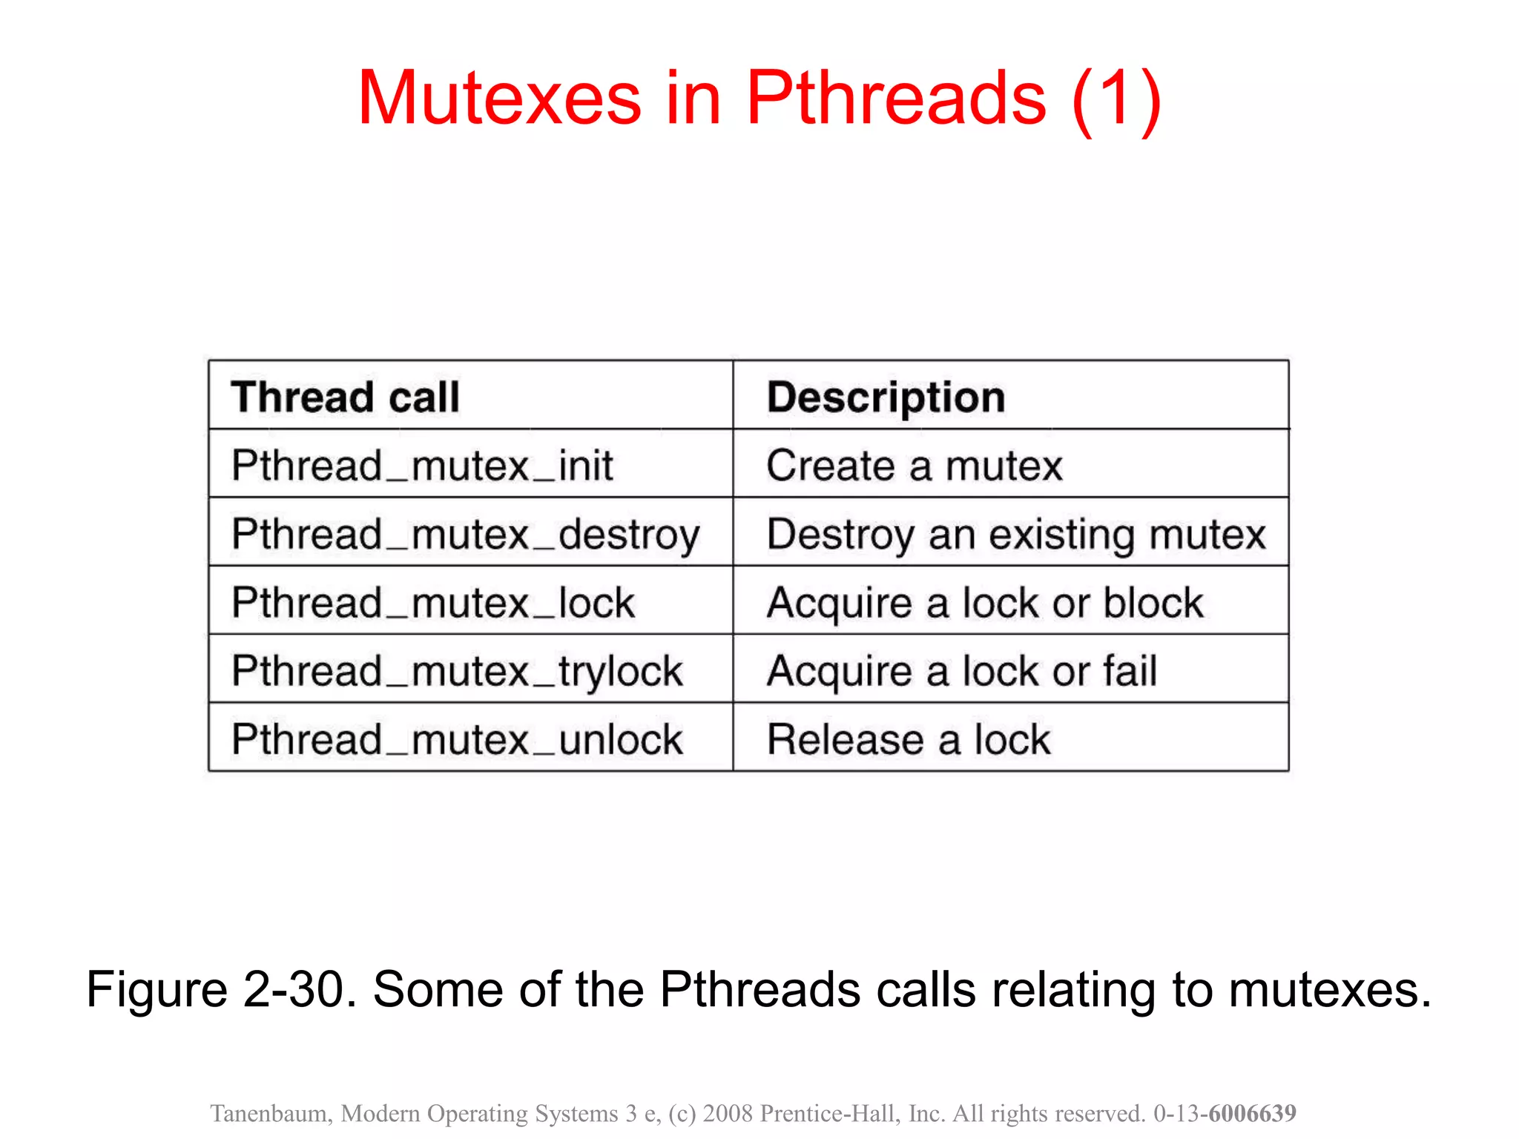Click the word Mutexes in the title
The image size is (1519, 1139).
coord(498,99)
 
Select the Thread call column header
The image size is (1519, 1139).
coord(345,397)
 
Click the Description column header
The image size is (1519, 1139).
coord(886,397)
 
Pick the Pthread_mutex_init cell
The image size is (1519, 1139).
coord(422,466)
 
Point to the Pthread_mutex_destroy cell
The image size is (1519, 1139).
coord(465,535)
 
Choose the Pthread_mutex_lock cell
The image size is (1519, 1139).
coord(432,602)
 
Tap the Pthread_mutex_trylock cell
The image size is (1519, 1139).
coord(456,671)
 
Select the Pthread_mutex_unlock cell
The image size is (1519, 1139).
coord(456,739)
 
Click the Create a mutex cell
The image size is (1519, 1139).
coord(914,466)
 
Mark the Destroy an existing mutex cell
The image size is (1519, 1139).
coord(1015,535)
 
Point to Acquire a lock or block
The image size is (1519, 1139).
coord(984,602)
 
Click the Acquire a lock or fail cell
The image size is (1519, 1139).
coord(961,671)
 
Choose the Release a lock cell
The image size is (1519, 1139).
coord(908,739)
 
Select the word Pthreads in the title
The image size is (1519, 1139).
coord(895,99)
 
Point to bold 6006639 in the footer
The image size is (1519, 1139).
coord(1252,1113)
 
